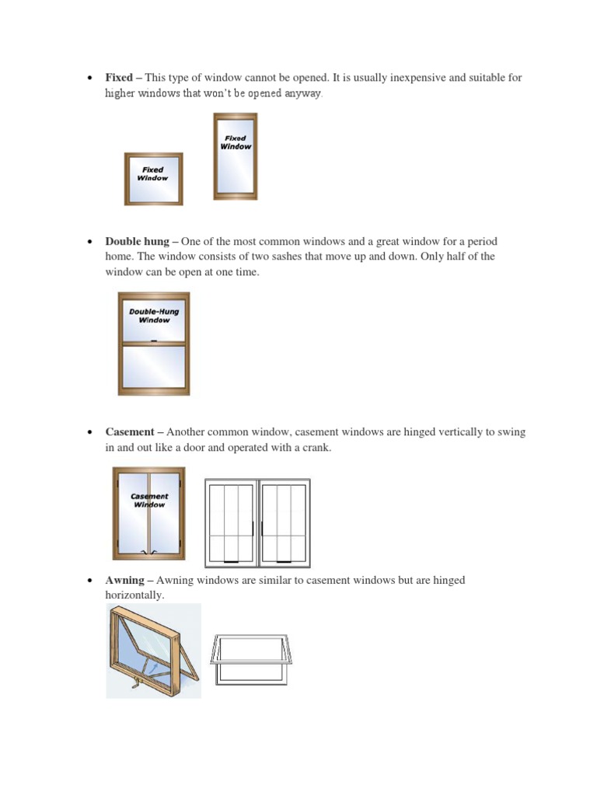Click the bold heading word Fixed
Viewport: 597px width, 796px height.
point(119,78)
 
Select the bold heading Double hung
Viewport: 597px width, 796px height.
point(136,242)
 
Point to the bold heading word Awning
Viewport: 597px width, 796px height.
point(124,580)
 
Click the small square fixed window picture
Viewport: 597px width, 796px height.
point(153,179)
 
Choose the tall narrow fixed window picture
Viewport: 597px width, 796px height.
point(236,155)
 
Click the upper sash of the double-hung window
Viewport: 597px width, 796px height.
point(153,317)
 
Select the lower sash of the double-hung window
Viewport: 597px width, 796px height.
point(153,366)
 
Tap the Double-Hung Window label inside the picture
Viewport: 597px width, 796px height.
point(153,316)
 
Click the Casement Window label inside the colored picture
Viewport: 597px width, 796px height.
point(149,500)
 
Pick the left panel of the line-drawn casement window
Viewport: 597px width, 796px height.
point(231,522)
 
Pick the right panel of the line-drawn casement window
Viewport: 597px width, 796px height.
point(285,522)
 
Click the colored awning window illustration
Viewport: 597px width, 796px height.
point(153,650)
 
